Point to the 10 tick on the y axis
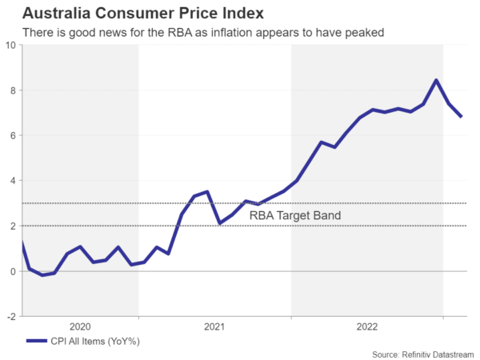pos(10,46)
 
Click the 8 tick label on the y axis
pos(14,90)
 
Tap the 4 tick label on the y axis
pos(14,181)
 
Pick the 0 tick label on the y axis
pos(14,272)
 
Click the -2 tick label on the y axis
pos(11,317)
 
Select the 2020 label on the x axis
pos(81,326)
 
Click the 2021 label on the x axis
pos(214,326)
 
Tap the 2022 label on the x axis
pos(367,326)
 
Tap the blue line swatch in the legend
pos(38,342)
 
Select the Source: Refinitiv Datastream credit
pos(422,353)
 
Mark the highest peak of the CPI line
pos(435,80)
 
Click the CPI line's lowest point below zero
pos(42,275)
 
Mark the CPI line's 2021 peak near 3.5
pos(207,192)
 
